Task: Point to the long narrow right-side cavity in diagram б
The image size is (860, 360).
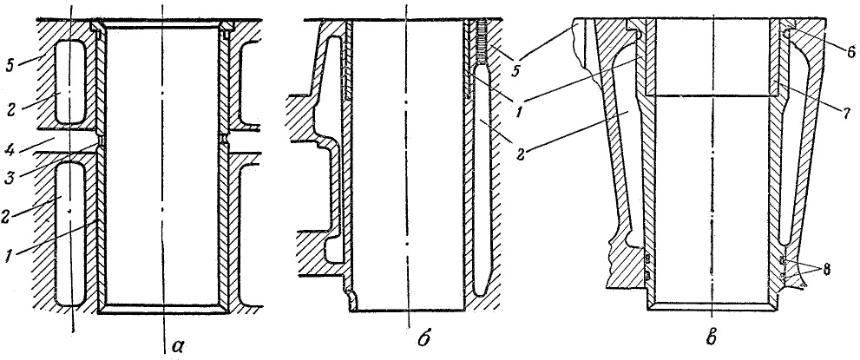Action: (x=482, y=180)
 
